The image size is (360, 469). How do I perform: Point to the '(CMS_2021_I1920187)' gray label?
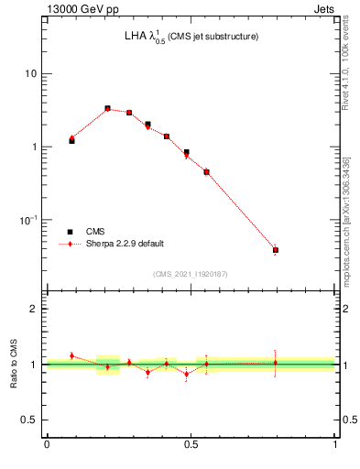click(191, 274)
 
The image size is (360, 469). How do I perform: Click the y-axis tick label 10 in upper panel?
click(30, 73)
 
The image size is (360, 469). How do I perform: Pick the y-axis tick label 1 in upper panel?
click(34, 147)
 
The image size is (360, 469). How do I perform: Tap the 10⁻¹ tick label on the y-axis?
click(29, 220)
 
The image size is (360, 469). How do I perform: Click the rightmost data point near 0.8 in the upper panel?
click(275, 249)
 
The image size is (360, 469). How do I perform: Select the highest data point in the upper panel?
click(107, 108)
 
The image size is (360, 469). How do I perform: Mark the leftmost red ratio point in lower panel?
click(71, 355)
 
